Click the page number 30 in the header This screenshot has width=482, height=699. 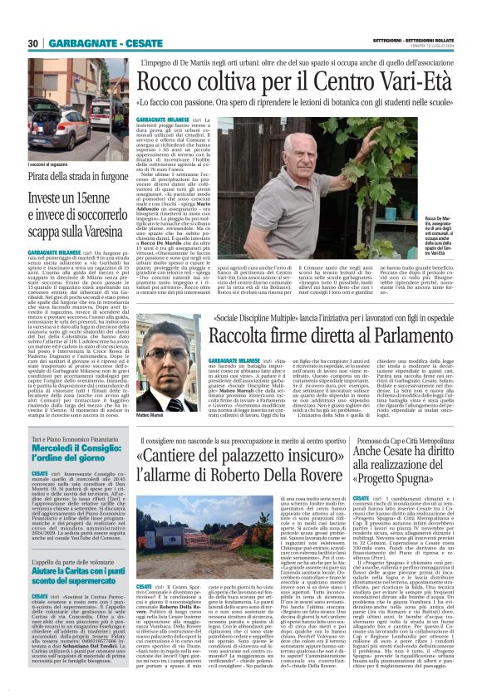click(x=32, y=42)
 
